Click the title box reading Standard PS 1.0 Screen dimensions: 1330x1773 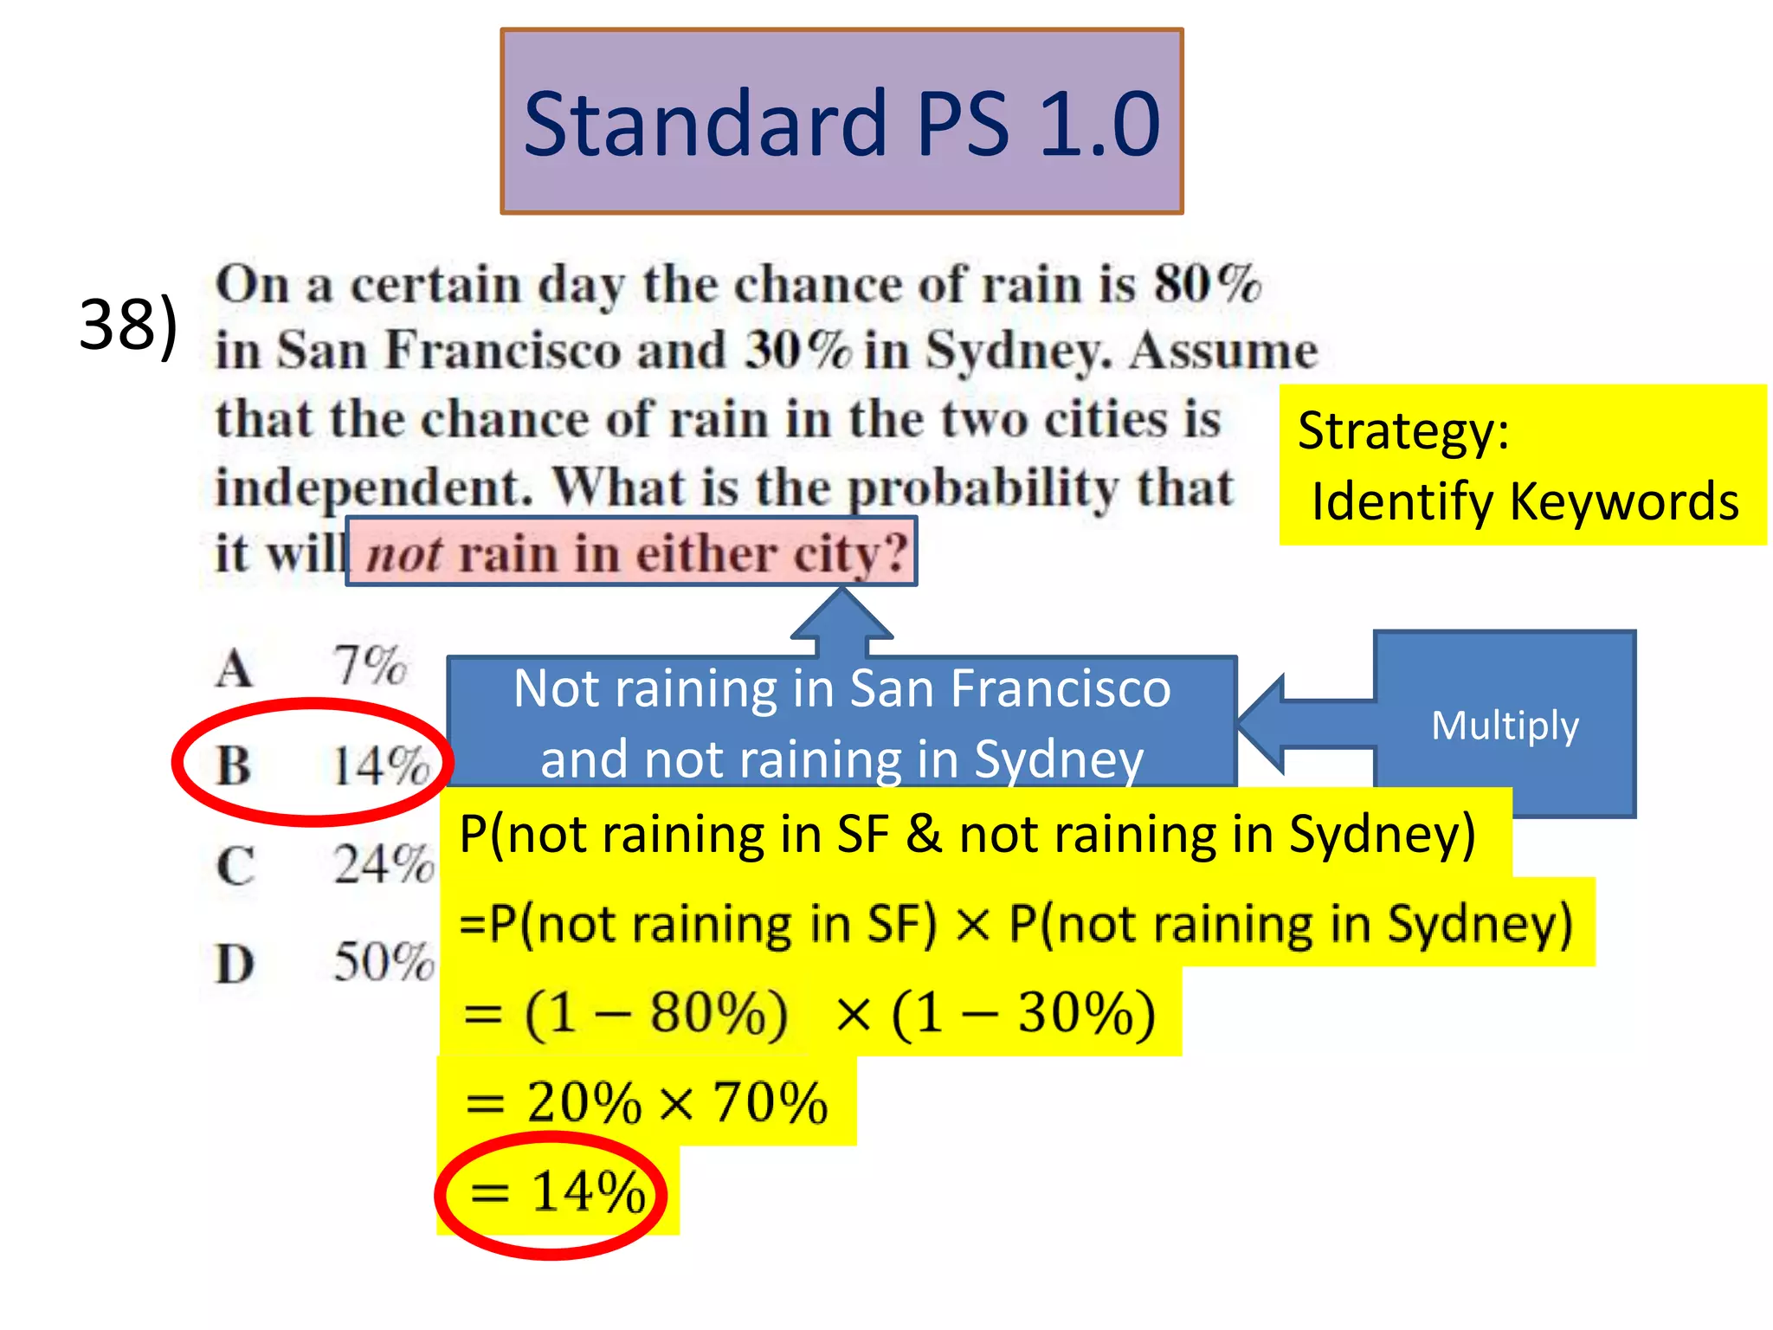click(x=841, y=122)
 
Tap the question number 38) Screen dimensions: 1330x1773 click(x=128, y=325)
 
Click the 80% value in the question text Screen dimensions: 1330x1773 click(x=1208, y=283)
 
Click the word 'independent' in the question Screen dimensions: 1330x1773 click(x=372, y=487)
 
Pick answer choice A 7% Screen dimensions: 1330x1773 click(x=312, y=667)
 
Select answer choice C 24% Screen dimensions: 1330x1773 click(x=324, y=864)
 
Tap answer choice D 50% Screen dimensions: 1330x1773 click(x=324, y=962)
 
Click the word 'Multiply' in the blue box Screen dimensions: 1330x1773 click(x=1505, y=725)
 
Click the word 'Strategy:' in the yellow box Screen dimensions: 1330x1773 click(x=1403, y=431)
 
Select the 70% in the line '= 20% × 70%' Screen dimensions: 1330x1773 click(x=770, y=1103)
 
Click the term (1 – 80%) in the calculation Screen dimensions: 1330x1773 click(x=656, y=1013)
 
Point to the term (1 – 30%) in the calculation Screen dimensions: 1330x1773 click(x=1023, y=1013)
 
